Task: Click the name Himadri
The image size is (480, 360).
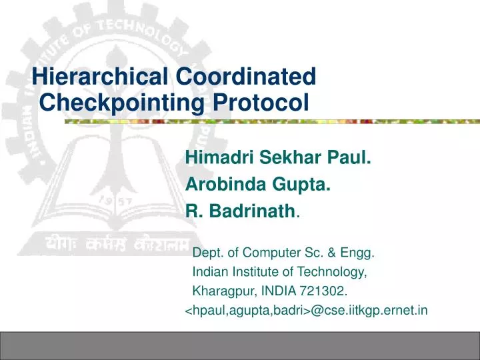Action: click(x=219, y=159)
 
